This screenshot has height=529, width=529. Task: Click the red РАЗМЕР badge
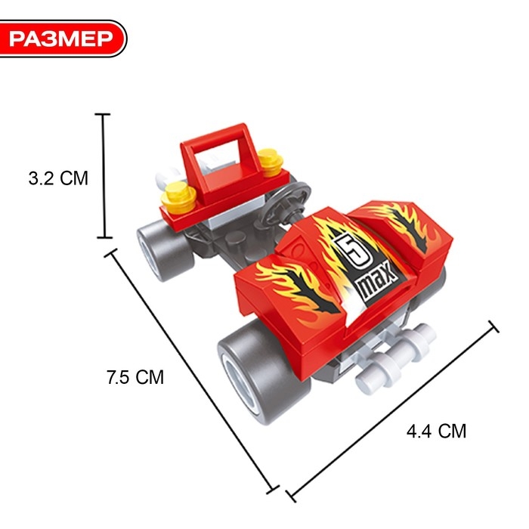pyautogui.click(x=63, y=39)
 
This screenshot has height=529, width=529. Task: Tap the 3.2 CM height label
pyautogui.click(x=58, y=178)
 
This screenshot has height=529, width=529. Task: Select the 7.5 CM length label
pyautogui.click(x=135, y=377)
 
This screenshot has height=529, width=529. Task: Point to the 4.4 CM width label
pyautogui.click(x=436, y=432)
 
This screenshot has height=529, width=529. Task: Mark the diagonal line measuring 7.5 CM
pyautogui.click(x=192, y=372)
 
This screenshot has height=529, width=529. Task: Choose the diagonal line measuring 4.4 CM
pyautogui.click(x=392, y=411)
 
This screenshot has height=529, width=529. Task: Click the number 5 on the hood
pyautogui.click(x=353, y=250)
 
